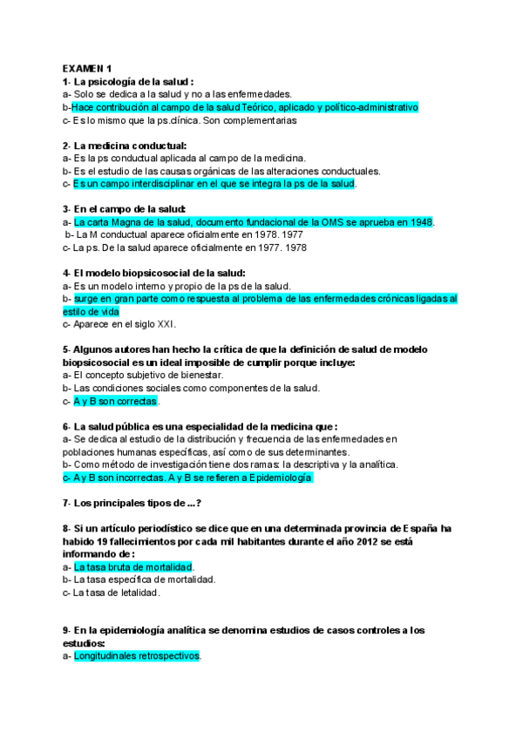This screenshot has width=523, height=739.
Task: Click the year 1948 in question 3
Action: pyautogui.click(x=421, y=222)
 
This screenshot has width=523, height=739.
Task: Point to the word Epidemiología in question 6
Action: pyautogui.click(x=279, y=478)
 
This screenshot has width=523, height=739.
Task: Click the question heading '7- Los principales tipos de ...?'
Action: pyautogui.click(x=132, y=503)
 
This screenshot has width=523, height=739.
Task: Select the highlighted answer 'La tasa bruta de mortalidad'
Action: pyautogui.click(x=132, y=566)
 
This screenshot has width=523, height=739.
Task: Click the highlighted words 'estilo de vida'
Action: pyautogui.click(x=92, y=311)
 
